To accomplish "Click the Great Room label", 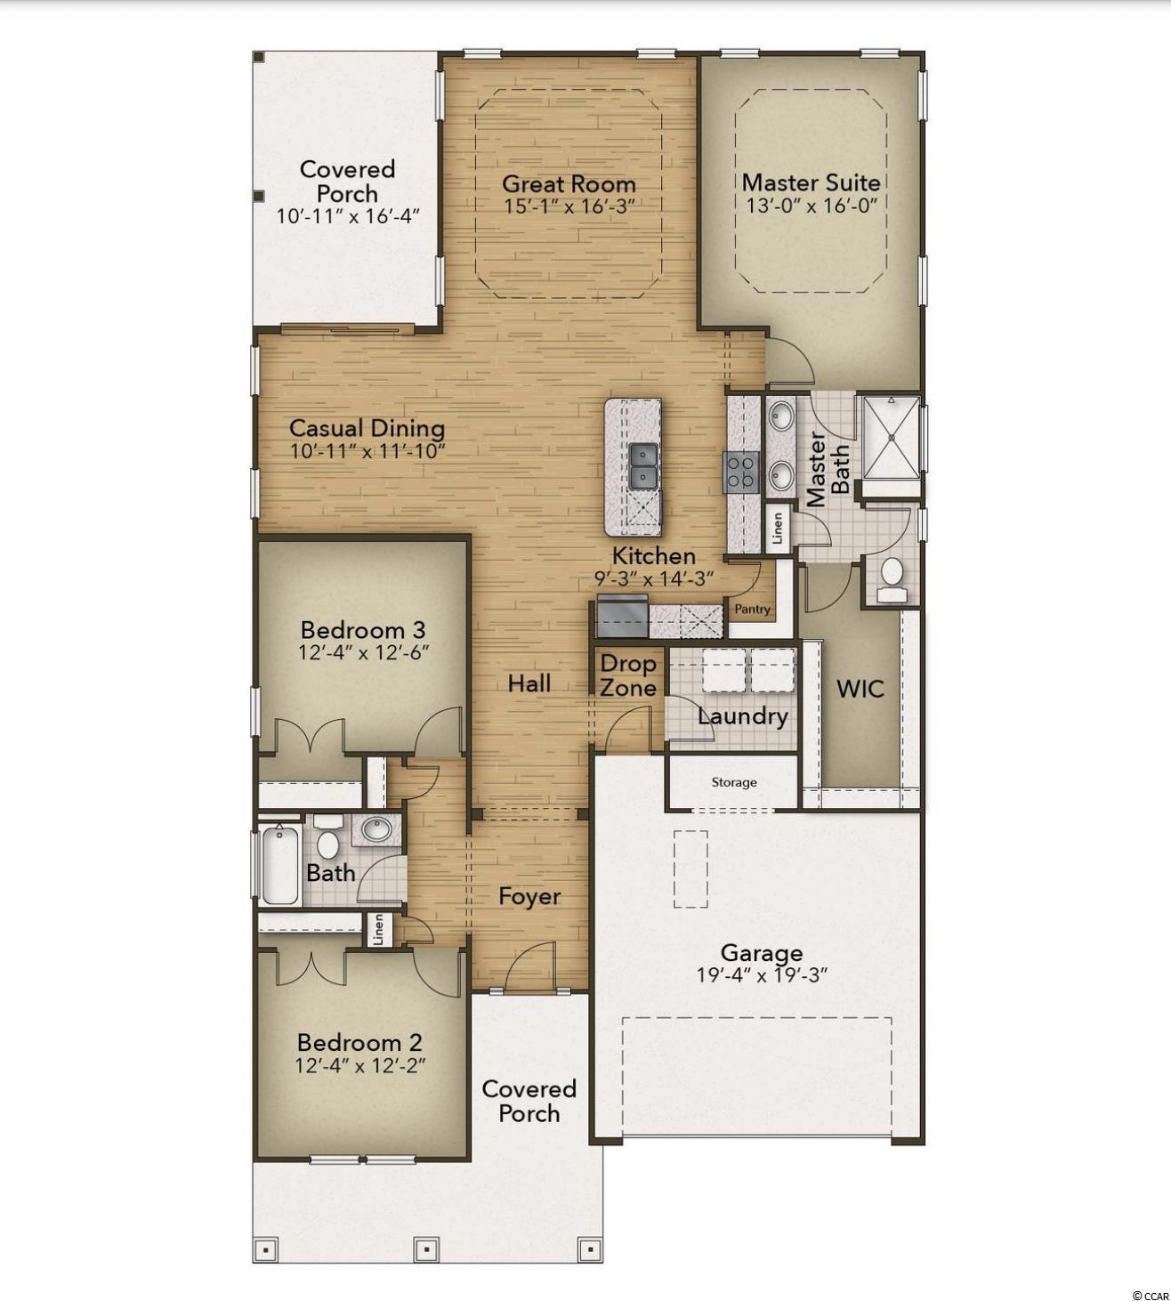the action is pyautogui.click(x=569, y=184).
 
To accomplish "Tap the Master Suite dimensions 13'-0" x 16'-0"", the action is pyautogui.click(x=811, y=206).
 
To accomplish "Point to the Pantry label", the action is pyautogui.click(x=753, y=609).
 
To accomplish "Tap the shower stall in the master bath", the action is pyautogui.click(x=891, y=438).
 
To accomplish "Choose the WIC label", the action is pyautogui.click(x=860, y=689).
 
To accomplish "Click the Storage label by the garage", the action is pyautogui.click(x=734, y=782).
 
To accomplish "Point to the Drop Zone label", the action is pyautogui.click(x=628, y=675).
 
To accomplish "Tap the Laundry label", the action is pyautogui.click(x=743, y=717).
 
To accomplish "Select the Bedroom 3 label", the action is pyautogui.click(x=363, y=630).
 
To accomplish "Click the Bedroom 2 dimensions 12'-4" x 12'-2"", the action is pyautogui.click(x=360, y=1066).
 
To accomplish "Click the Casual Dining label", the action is pyautogui.click(x=367, y=429).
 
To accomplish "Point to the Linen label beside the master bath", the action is pyautogui.click(x=778, y=528).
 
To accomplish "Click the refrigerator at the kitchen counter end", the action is pyautogui.click(x=622, y=615).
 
